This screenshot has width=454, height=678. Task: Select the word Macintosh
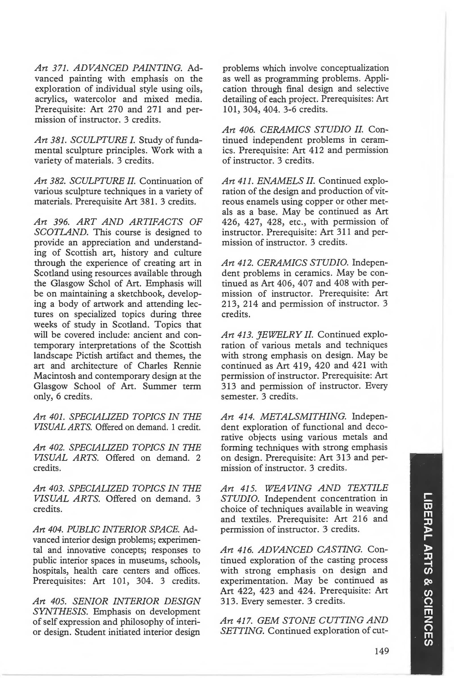click(x=56, y=376)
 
